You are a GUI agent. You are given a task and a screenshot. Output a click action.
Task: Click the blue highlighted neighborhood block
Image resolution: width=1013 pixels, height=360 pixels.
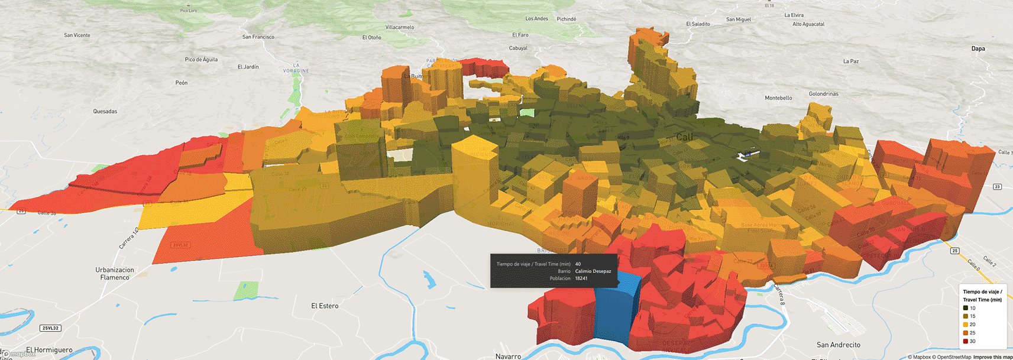click(x=615, y=313)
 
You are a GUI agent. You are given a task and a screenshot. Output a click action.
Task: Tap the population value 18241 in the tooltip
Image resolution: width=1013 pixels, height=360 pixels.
click(x=581, y=278)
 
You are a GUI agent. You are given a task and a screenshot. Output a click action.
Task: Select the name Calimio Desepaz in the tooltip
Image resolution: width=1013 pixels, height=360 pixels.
click(x=593, y=271)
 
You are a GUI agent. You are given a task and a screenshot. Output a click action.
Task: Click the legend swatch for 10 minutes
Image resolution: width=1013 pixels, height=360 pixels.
click(x=966, y=308)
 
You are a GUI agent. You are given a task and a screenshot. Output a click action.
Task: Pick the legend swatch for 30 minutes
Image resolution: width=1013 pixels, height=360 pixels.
click(x=966, y=341)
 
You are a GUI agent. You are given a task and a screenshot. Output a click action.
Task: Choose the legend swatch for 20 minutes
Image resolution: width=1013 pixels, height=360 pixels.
click(x=966, y=325)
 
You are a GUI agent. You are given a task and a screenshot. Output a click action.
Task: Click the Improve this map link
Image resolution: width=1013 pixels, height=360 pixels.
click(x=992, y=357)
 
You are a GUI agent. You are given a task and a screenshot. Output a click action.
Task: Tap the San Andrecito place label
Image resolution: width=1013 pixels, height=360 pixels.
click(x=838, y=345)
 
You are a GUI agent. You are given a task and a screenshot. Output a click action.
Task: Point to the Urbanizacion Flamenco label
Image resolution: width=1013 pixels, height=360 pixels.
click(x=115, y=274)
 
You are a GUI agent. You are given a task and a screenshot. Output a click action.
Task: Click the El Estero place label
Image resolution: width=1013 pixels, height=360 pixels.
click(x=325, y=306)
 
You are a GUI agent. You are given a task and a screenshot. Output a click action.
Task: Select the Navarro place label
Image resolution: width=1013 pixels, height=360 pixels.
click(x=508, y=356)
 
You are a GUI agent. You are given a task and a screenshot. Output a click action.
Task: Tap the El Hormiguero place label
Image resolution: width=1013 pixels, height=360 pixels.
click(x=49, y=349)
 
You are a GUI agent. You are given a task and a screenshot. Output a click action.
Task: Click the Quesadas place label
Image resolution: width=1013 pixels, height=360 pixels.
click(x=105, y=111)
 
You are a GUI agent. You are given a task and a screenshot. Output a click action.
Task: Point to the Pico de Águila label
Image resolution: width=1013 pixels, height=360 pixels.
click(x=201, y=59)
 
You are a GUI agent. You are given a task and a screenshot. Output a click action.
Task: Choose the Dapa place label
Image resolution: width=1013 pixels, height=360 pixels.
click(x=978, y=48)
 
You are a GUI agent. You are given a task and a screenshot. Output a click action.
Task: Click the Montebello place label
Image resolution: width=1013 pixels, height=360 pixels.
click(x=778, y=98)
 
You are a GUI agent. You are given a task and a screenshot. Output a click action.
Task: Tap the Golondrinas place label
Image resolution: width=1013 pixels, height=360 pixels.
click(x=823, y=94)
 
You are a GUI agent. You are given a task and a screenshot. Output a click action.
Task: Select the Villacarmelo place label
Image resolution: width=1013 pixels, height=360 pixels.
click(x=400, y=27)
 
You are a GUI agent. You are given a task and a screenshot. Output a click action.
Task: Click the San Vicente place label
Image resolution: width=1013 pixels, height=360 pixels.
click(x=77, y=35)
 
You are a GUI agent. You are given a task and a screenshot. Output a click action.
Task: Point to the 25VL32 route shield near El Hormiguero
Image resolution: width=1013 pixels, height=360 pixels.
click(x=50, y=328)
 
